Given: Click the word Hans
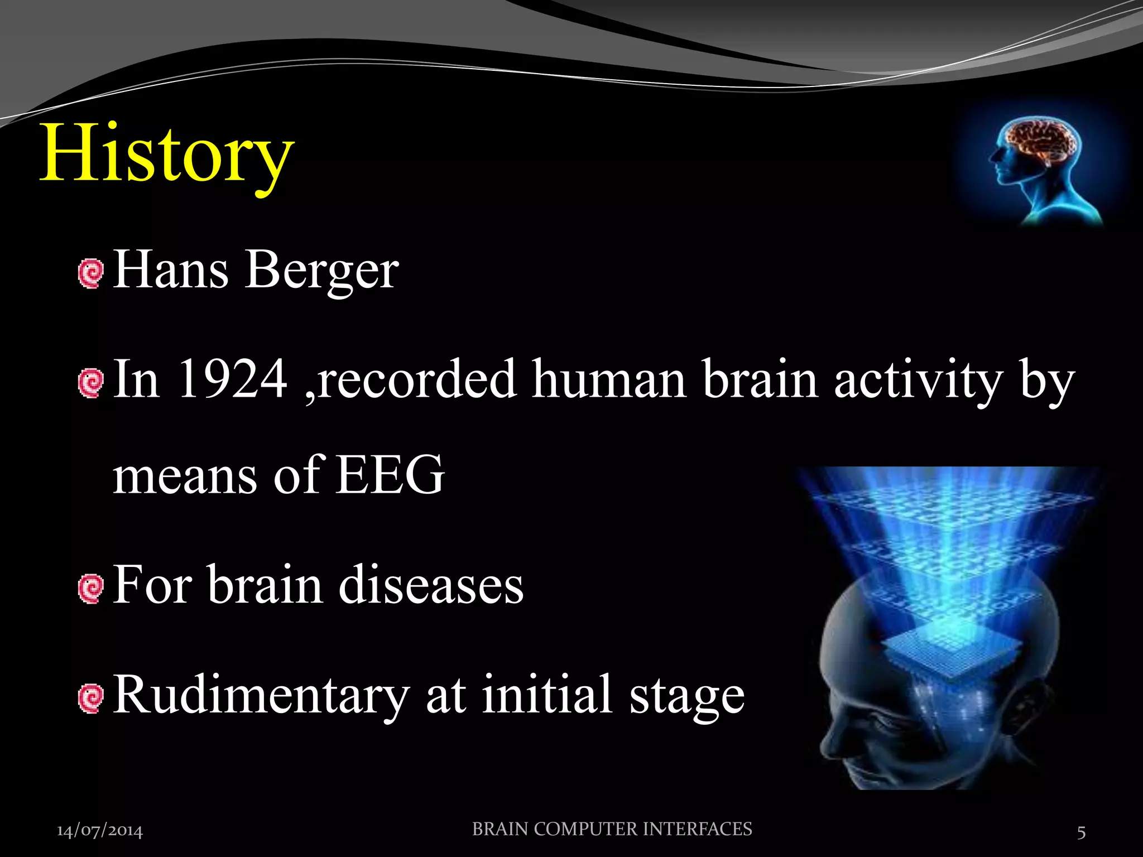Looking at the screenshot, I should [171, 270].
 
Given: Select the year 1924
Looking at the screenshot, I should [232, 379].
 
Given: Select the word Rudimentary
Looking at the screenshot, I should [261, 695].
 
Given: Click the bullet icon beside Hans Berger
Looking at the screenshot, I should [91, 273].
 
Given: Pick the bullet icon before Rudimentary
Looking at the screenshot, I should [91, 699].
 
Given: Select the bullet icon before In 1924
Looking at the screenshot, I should [91, 383].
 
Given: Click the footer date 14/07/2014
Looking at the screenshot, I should [100, 831].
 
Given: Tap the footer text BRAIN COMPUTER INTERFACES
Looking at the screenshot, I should [612, 829].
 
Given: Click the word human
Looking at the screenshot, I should [608, 379].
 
